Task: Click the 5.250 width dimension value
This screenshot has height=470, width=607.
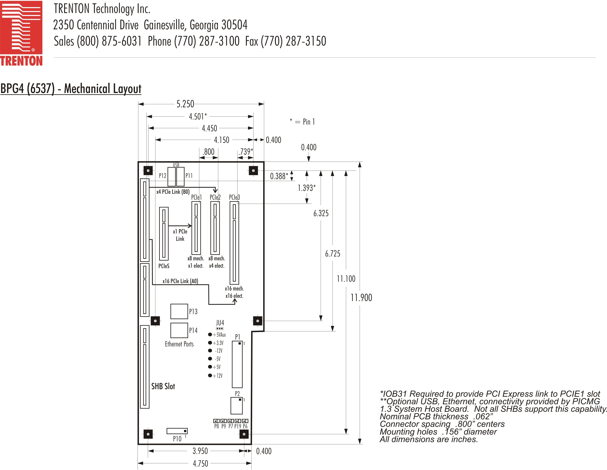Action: pyautogui.click(x=185, y=104)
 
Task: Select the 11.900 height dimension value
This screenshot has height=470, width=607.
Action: pyautogui.click(x=361, y=298)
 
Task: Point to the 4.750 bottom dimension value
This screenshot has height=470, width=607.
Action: pyautogui.click(x=200, y=463)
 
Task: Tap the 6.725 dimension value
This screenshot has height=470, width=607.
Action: pyautogui.click(x=332, y=253)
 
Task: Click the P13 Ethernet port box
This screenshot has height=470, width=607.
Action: pyautogui.click(x=179, y=311)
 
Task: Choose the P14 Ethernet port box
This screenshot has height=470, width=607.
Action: pyautogui.click(x=179, y=330)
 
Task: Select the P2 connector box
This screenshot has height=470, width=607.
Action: pyautogui.click(x=236, y=406)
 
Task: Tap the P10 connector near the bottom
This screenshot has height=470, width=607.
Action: pyautogui.click(x=177, y=431)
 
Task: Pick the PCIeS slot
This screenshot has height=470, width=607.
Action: pyautogui.click(x=164, y=233)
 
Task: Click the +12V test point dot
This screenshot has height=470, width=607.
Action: pyautogui.click(x=210, y=376)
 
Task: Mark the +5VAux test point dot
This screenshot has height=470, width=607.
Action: pyautogui.click(x=210, y=334)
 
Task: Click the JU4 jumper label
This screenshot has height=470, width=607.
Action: pyautogui.click(x=220, y=323)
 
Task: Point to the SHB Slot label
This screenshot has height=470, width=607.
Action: pyautogui.click(x=163, y=386)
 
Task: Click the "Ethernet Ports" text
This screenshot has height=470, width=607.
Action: pyautogui.click(x=179, y=344)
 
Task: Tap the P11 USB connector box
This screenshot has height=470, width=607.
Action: pyautogui.click(x=180, y=176)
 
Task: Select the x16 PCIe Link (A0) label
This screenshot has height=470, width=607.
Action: pyautogui.click(x=180, y=281)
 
